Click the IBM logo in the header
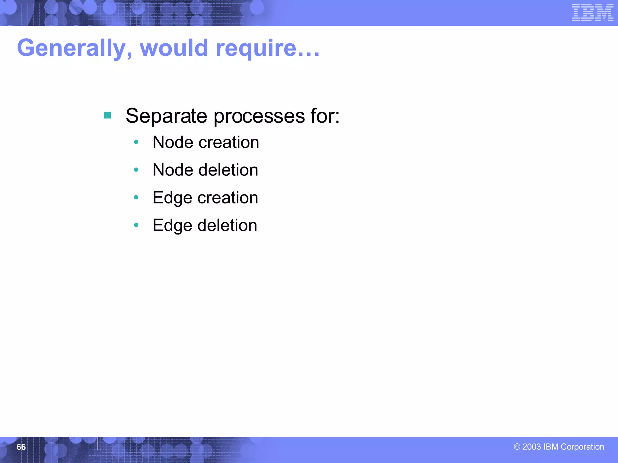pos(592,13)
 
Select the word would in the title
pos(174,48)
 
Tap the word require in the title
pos(256,48)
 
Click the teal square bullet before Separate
pos(107,115)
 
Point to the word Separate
pos(166,116)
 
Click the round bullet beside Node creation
pos(136,142)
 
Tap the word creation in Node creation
pos(228,142)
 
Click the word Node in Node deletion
pos(173,170)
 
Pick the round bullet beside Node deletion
pos(136,170)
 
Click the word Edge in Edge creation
pos(172,198)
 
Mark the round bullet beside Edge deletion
pos(136,225)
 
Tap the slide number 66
pos(21,447)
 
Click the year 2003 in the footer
pos(531,447)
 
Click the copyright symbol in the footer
pos(517,447)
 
